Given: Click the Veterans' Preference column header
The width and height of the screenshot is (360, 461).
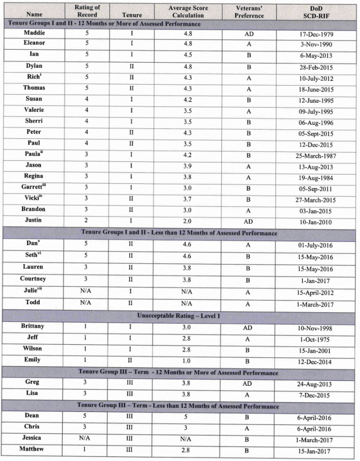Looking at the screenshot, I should coord(249,12).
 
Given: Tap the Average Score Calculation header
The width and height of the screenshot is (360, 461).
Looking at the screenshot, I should coord(188,12).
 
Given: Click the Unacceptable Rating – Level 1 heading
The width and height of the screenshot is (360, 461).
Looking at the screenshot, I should coord(180,316).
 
